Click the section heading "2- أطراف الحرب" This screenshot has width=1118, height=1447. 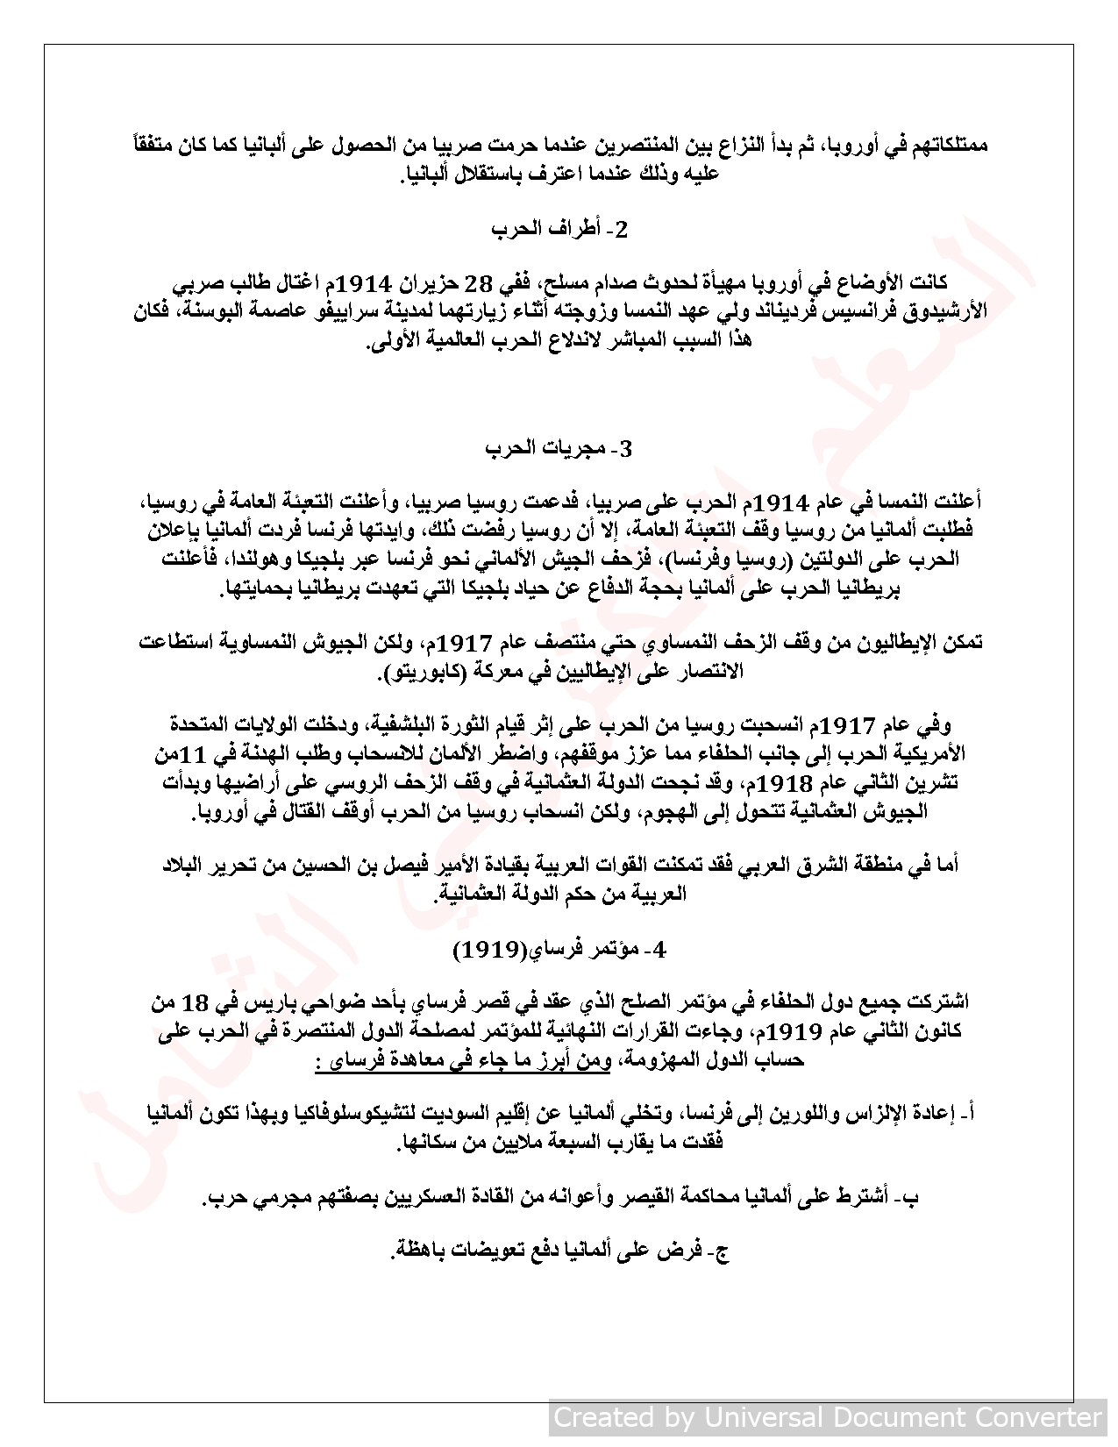[x=559, y=230]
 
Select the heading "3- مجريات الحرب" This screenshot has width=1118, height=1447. [x=559, y=449]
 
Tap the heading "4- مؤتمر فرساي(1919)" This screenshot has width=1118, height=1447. [x=559, y=950]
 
